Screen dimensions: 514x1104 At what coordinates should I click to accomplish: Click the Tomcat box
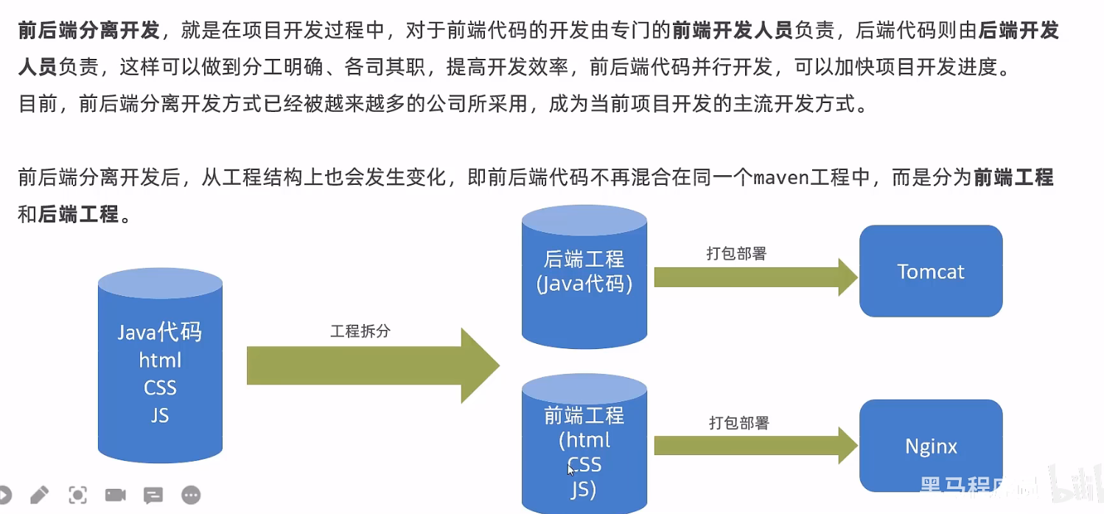930,271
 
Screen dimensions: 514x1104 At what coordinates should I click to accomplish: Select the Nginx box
930,446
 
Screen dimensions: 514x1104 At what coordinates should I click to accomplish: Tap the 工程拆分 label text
360,331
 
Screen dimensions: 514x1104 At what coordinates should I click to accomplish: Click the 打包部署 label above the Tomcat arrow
736,253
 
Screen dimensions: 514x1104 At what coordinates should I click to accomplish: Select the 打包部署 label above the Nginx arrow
738,423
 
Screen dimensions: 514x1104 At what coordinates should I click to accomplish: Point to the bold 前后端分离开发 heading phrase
88,30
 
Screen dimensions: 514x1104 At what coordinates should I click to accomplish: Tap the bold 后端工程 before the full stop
78,214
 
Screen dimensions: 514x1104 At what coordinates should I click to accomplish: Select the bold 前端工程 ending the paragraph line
1013,178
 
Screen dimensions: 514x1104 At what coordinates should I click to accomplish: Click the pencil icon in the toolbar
39,495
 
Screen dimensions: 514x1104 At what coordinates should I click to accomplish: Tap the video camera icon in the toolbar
115,495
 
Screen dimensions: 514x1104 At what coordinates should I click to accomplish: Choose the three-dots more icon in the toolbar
191,495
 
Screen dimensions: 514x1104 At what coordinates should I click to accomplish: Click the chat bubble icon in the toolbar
153,495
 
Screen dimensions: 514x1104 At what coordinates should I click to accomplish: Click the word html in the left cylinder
160,361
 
